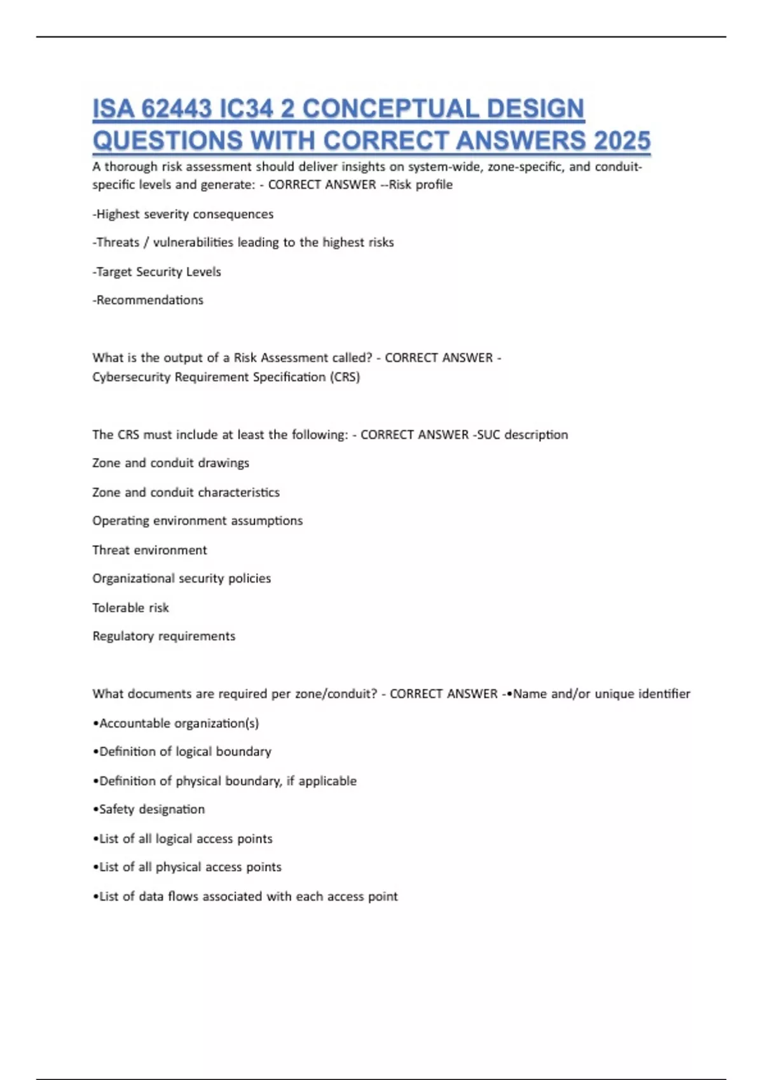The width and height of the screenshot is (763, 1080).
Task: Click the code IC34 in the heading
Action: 245,109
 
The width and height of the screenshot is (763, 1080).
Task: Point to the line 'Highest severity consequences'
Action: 184,214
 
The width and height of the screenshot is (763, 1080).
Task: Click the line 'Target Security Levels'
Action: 158,272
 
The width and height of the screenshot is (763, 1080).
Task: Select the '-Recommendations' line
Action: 148,300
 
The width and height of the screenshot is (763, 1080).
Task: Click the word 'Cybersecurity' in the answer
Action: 131,377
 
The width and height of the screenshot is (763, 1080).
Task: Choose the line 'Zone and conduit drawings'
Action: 170,463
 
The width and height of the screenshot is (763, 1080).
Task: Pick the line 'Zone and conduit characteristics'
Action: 186,492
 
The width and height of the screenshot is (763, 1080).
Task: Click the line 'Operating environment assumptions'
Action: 197,521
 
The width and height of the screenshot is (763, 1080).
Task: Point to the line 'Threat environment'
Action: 149,550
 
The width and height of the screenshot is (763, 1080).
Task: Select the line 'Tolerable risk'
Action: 130,608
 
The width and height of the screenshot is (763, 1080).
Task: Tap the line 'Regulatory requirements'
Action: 163,636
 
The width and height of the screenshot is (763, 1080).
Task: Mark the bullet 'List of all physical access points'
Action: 188,867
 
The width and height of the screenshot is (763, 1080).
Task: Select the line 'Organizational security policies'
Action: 181,579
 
